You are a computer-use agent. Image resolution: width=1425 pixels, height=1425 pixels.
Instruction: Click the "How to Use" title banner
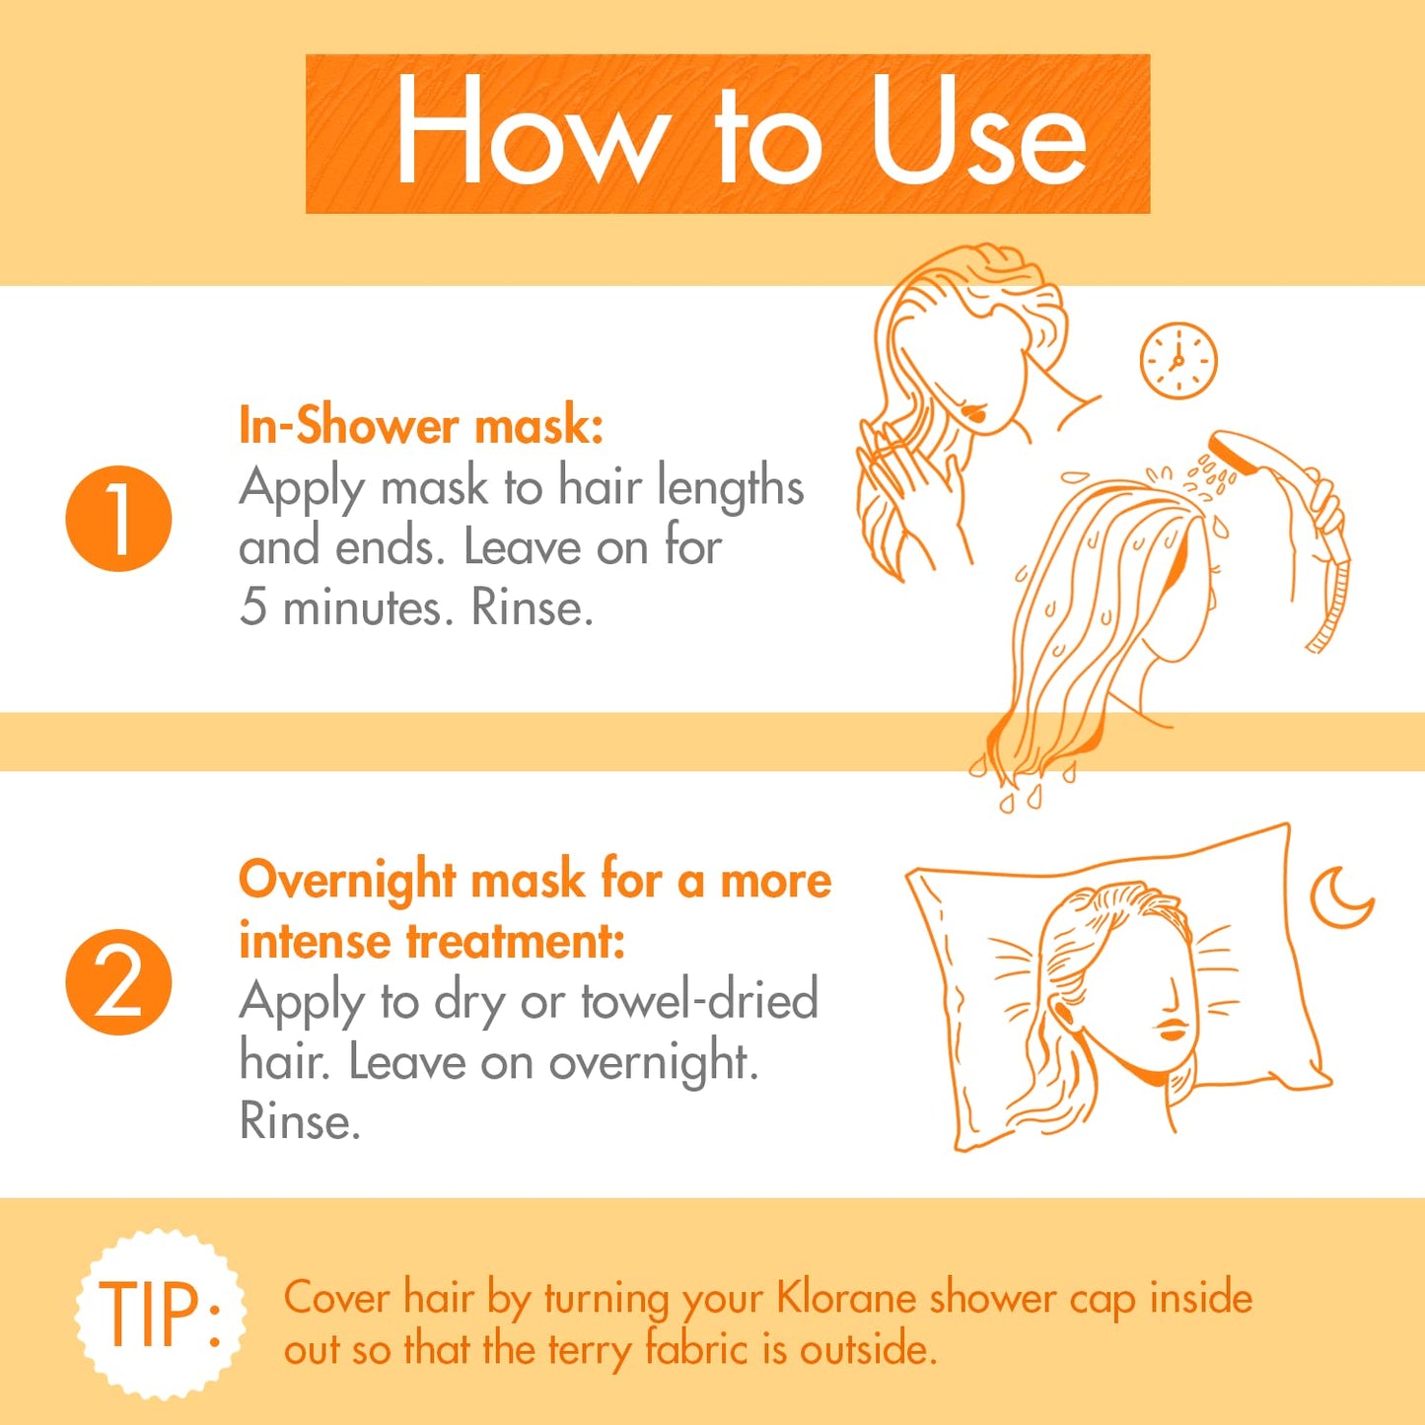pos(727,133)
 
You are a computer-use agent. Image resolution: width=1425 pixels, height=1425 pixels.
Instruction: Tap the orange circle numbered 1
pos(118,519)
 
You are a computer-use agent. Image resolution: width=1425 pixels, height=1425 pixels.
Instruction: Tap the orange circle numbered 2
pos(118,982)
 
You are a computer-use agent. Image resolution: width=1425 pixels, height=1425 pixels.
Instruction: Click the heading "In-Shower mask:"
pos(421,426)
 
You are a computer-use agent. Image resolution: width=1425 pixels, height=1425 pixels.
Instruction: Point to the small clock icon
pos(1178,361)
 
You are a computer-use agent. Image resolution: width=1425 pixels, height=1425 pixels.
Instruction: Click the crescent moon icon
pos(1339,897)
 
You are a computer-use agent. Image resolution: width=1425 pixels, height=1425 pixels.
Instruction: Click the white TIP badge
pos(161,1314)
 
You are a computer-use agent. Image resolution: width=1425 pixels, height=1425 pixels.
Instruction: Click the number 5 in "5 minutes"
pos(252,606)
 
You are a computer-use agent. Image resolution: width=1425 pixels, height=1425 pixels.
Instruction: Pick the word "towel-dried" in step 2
pos(699,1001)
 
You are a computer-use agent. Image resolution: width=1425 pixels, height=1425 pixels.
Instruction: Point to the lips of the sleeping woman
pos(1173,1031)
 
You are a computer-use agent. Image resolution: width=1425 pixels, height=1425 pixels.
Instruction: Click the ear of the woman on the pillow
pos(1064,1014)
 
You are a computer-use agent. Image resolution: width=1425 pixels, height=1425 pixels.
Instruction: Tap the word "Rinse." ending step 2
pos(300,1122)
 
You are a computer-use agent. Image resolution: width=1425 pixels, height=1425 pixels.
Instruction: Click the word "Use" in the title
pos(976,133)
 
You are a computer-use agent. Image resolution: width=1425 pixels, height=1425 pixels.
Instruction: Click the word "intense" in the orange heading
pos(315,941)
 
